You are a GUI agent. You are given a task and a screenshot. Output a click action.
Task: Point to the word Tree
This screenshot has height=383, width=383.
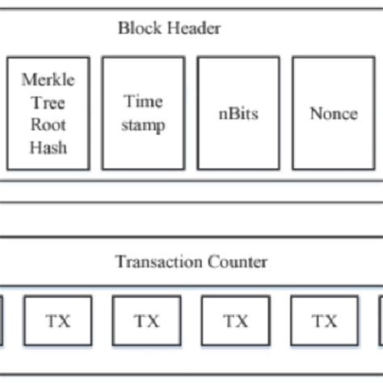(48, 103)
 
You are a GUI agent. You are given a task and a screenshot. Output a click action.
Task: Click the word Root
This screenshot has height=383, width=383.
(48, 125)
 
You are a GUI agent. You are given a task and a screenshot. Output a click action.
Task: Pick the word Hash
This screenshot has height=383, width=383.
(48, 147)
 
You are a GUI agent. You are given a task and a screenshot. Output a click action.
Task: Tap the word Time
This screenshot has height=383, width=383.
(143, 102)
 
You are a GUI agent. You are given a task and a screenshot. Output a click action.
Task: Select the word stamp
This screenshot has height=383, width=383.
(143, 124)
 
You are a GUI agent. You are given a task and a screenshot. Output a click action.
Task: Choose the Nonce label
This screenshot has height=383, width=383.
(333, 113)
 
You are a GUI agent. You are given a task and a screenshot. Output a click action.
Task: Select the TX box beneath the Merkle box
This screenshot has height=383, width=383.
(58, 321)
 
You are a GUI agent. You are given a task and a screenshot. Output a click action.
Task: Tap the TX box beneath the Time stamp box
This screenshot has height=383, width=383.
(146, 321)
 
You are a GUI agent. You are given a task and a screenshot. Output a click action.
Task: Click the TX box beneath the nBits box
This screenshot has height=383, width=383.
(235, 321)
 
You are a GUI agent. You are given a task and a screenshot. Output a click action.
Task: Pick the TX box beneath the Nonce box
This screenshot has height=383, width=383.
(324, 321)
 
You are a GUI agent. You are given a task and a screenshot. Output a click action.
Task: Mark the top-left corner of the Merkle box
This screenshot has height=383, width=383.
(8, 57)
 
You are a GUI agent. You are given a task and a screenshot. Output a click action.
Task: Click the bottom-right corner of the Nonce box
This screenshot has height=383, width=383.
(374, 170)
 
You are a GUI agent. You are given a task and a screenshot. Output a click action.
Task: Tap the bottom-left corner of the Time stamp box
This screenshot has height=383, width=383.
(103, 170)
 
